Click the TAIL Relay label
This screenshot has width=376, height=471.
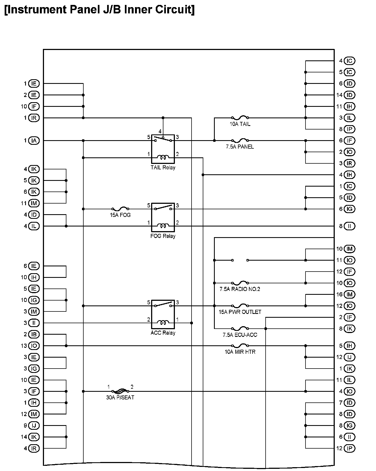tap(163, 167)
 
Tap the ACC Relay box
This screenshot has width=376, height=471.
tap(163, 314)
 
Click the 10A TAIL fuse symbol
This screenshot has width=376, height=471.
tap(240, 118)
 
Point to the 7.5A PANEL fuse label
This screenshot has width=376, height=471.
tap(240, 147)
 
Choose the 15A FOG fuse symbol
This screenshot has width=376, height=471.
tap(120, 209)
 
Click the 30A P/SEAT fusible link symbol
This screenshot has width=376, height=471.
tap(120, 391)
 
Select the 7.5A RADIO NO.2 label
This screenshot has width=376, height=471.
tap(240, 289)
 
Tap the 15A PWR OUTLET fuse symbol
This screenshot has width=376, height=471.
tap(240, 306)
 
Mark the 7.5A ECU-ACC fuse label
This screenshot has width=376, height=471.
tap(240, 335)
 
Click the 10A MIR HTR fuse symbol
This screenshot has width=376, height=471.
tap(240, 346)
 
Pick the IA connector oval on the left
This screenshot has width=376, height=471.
tap(34, 141)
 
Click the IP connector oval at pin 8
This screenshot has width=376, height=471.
tap(349, 129)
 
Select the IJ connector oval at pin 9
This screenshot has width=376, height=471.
tap(34, 426)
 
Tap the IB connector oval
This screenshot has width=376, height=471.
tap(34, 334)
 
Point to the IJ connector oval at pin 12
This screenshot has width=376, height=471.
tap(349, 357)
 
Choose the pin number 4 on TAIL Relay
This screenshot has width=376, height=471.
tap(160, 131)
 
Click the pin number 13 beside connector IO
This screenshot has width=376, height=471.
tap(24, 346)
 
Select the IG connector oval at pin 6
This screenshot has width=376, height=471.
tap(349, 209)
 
